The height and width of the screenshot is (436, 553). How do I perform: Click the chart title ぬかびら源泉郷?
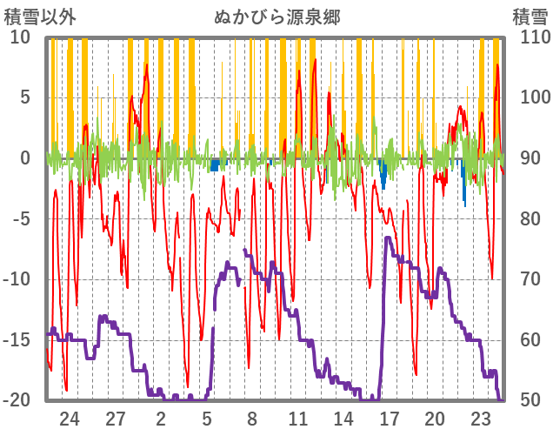(x=276, y=17)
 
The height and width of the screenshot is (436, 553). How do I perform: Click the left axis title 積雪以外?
(x=34, y=17)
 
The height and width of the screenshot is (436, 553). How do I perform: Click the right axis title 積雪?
(x=530, y=17)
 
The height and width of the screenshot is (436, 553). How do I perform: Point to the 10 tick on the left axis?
(x=20, y=37)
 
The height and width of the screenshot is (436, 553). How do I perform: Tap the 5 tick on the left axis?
(x=25, y=97)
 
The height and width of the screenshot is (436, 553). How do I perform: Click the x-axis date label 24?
(x=70, y=419)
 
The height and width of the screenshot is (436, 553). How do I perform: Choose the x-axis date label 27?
(x=116, y=419)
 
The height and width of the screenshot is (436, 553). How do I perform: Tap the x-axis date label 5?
(x=207, y=419)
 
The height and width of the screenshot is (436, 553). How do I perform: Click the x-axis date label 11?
(x=298, y=419)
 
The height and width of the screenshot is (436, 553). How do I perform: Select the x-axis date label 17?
(x=390, y=419)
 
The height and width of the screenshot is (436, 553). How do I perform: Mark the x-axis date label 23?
(x=481, y=419)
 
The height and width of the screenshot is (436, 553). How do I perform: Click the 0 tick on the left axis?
(x=25, y=158)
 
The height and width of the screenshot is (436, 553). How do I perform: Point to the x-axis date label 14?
(x=343, y=419)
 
